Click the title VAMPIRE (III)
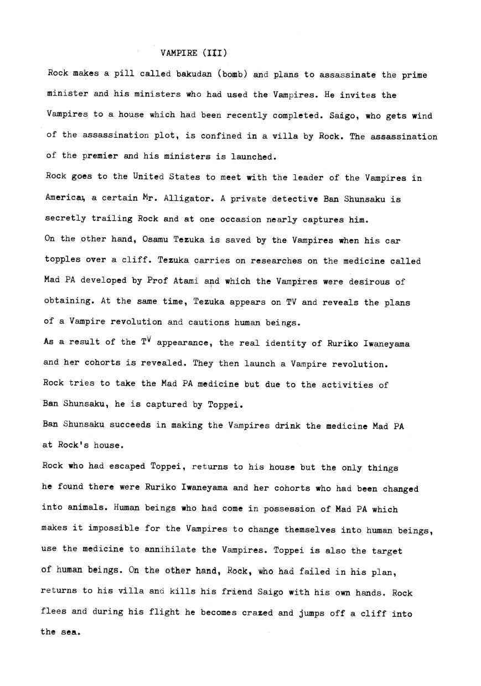194,53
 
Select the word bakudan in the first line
194,74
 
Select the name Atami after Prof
187,281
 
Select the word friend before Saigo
237,591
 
